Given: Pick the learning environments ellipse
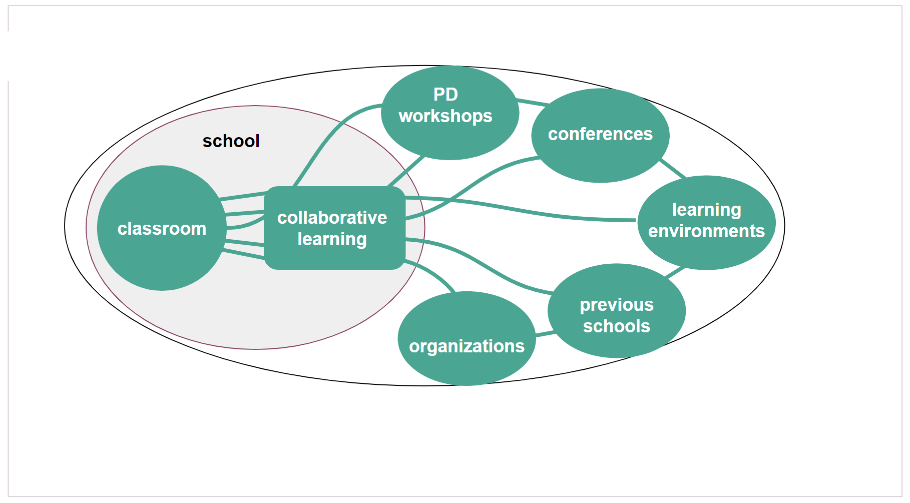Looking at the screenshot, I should (x=706, y=250).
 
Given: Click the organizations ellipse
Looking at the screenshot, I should (x=467, y=368).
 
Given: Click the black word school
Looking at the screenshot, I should (x=231, y=141).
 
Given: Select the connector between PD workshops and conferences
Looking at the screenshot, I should (x=534, y=103).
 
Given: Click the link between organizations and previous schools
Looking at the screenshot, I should (x=545, y=333).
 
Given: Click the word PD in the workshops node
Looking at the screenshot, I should (x=445, y=95).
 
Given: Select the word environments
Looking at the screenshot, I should (x=706, y=231).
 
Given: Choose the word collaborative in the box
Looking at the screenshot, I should (x=332, y=218).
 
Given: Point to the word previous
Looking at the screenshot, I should (x=617, y=305).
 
